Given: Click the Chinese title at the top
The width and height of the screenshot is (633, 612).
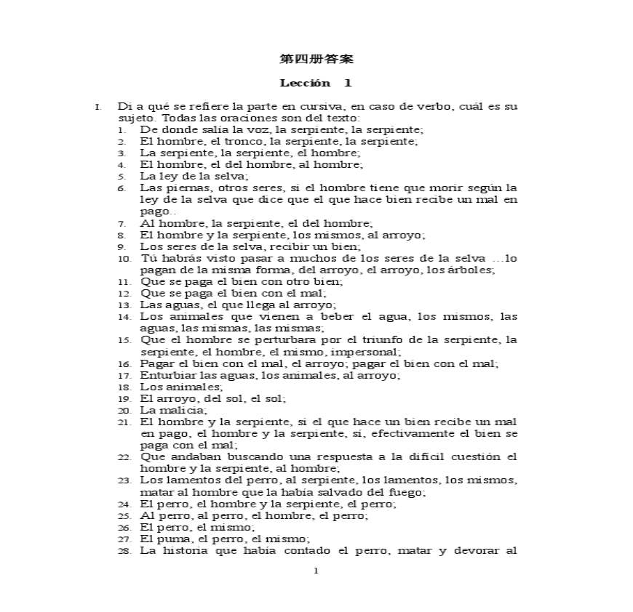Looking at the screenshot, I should pyautogui.click(x=316, y=58).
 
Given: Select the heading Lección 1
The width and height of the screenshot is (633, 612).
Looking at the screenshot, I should pyautogui.click(x=316, y=83).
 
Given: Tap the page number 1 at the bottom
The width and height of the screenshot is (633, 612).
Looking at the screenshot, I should pyautogui.click(x=316, y=571).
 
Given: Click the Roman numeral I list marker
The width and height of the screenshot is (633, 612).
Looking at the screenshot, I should pyautogui.click(x=97, y=107).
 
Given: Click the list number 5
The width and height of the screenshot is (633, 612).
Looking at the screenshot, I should pyautogui.click(x=123, y=176).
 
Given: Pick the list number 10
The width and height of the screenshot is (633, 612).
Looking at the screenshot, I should pyautogui.click(x=124, y=258).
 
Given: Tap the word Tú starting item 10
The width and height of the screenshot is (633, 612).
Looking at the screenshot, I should pyautogui.click(x=148, y=257).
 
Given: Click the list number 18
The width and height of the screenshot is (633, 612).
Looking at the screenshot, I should pyautogui.click(x=124, y=387).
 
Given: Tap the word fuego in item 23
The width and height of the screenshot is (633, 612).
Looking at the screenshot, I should pyautogui.click(x=410, y=492).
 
